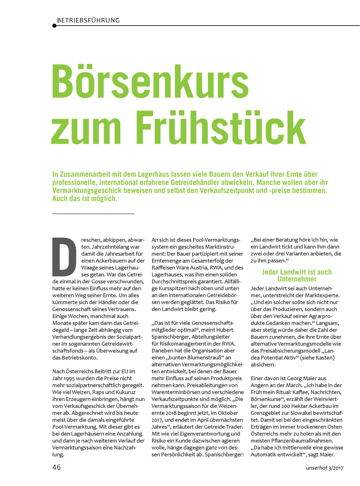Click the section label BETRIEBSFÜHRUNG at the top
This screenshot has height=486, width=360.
click(88, 20)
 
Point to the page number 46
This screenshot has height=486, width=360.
click(56, 467)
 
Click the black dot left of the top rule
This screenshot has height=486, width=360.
click(54, 26)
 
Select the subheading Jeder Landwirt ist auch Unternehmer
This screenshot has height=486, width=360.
click(297, 275)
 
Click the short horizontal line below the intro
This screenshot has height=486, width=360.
click(93, 213)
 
